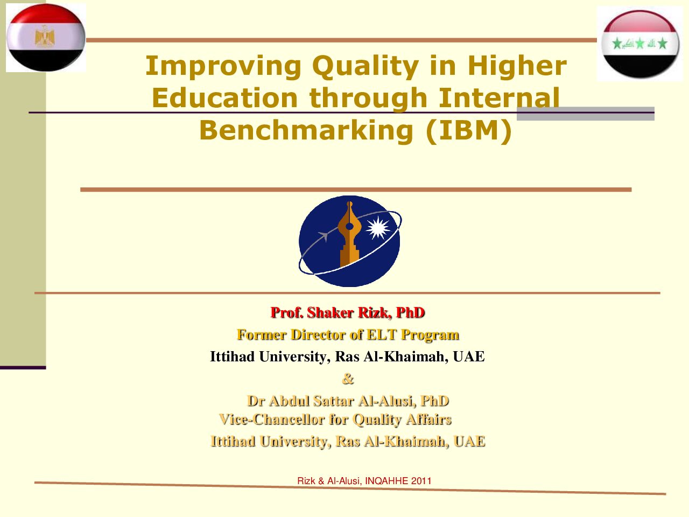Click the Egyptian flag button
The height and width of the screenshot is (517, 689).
pos(46,38)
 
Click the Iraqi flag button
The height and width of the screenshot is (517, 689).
pos(639,44)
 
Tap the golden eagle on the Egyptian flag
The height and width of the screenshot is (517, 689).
pos(45,37)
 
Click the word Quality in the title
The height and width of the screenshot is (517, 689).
pos(365,67)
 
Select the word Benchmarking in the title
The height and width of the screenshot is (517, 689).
pos(306,130)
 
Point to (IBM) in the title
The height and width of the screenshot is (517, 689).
pos(469,130)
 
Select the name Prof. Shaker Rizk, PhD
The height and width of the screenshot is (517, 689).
pos(348,313)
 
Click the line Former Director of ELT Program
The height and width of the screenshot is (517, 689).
pos(348,334)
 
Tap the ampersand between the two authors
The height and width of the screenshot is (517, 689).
pos(348,379)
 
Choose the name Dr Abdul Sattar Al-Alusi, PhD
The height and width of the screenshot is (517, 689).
pos(348,401)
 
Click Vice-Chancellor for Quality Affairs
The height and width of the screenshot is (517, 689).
pos(335,420)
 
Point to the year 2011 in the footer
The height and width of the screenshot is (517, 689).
pos(421,481)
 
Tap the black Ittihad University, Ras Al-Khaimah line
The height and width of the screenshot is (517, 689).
pos(347,357)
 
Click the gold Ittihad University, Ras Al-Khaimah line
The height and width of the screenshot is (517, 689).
pos(348,442)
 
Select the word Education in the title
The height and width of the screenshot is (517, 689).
pos(225,98)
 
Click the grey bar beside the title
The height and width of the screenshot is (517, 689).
pos(586,114)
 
